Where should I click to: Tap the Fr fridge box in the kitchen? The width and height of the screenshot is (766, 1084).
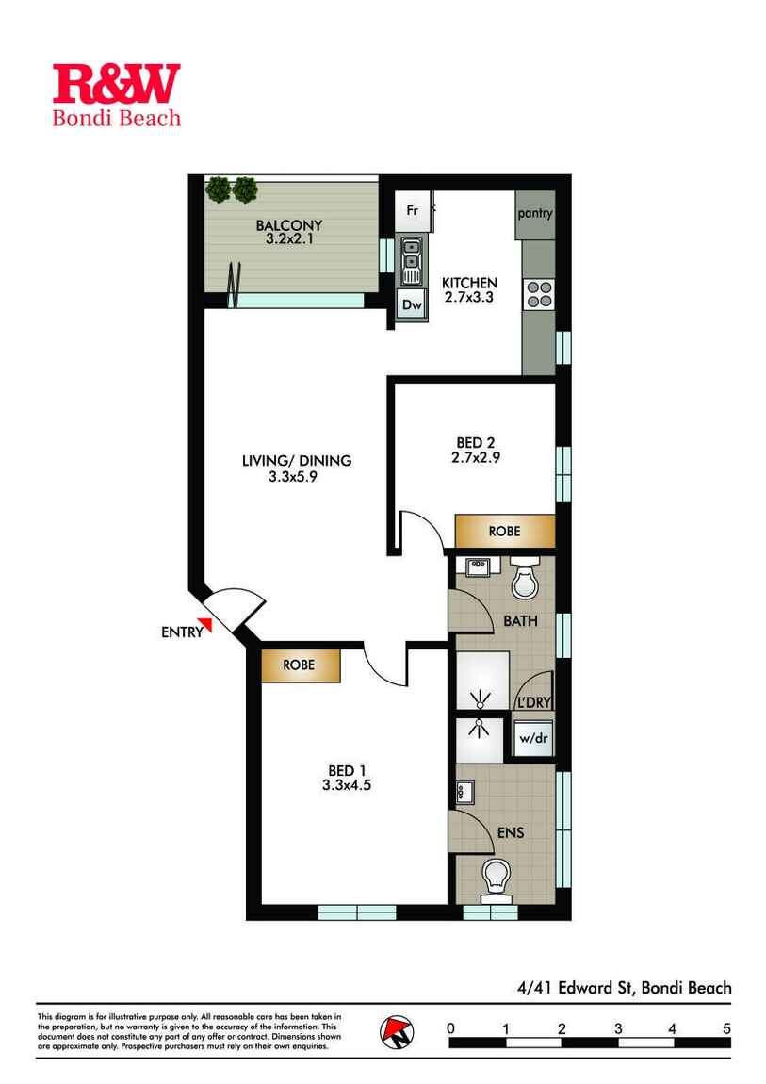point(412,210)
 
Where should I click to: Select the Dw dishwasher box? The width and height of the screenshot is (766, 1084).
point(411,304)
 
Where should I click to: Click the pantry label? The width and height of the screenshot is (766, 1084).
point(534,213)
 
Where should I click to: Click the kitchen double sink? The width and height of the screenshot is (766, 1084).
point(411,260)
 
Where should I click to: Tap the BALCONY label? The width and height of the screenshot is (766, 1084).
point(289,225)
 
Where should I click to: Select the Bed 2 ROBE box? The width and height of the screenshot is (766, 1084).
point(504,531)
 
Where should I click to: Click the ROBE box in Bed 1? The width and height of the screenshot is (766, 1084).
point(300,664)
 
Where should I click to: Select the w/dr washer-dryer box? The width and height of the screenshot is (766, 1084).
point(531,737)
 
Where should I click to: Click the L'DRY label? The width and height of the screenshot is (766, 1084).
point(531,704)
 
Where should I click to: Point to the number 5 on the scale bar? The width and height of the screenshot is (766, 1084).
point(726,1027)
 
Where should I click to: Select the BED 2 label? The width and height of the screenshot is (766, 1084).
point(475,442)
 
